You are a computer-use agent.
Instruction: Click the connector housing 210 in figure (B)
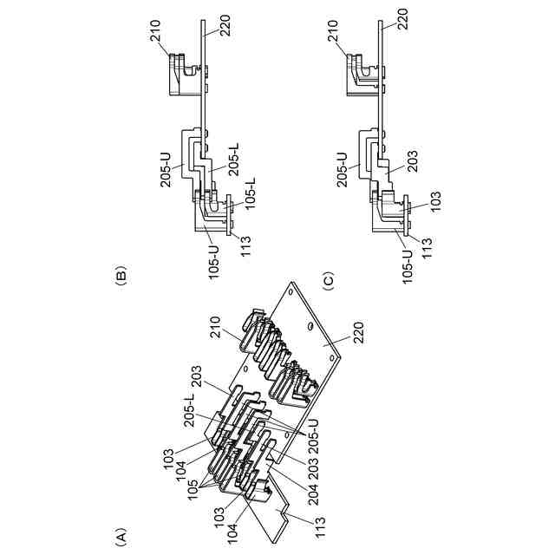click(x=182, y=74)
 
